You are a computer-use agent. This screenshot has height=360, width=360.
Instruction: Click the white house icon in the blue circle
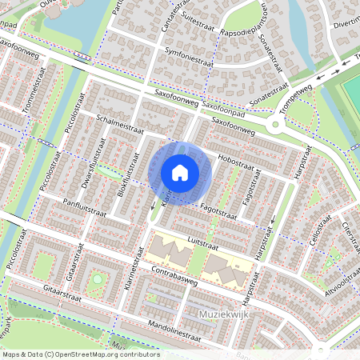180,172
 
